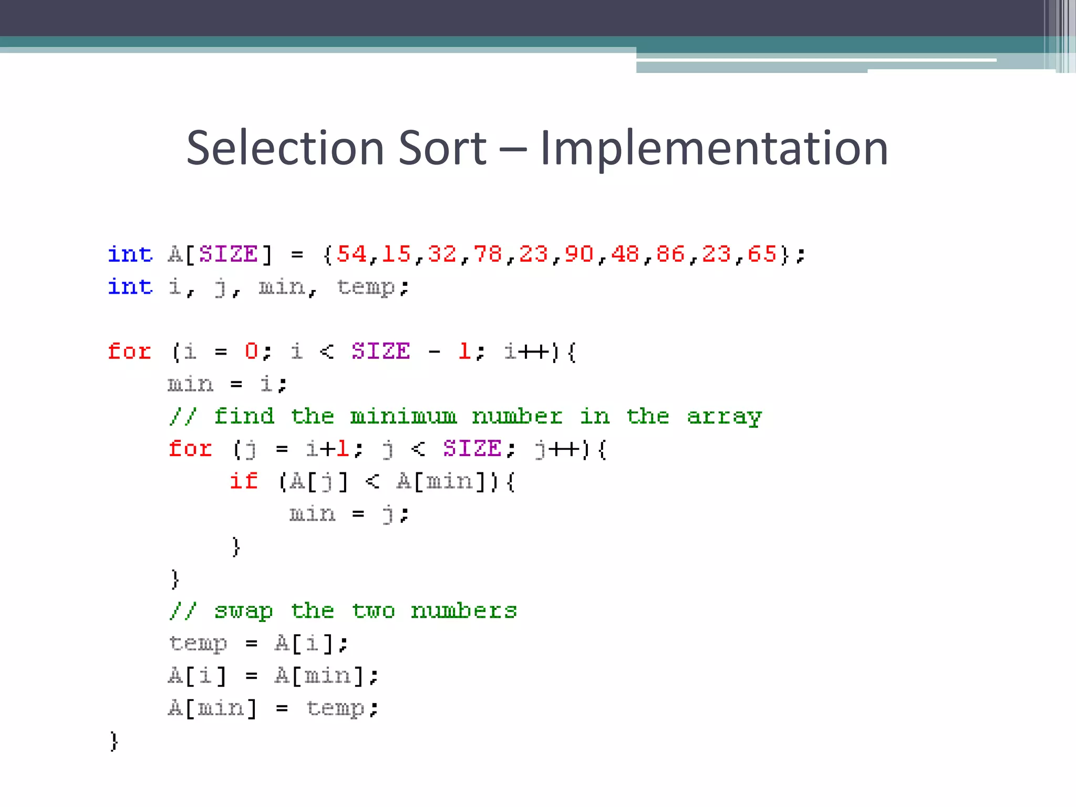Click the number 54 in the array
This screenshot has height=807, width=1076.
coord(351,254)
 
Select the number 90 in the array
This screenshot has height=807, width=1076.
coord(579,254)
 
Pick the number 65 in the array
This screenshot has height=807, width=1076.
coord(762,254)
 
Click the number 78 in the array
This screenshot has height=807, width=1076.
coord(488,254)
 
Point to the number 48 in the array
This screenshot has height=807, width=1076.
coord(625,254)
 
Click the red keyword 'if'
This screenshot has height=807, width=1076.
coord(244,481)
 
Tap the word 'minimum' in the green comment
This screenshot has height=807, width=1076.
coord(403,417)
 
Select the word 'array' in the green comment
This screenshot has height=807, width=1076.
coord(725,417)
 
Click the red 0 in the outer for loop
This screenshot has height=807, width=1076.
coord(252,351)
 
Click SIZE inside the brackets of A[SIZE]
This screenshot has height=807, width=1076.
coord(229,254)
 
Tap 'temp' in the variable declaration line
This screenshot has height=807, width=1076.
coord(366,287)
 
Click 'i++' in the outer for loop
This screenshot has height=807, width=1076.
coord(526,351)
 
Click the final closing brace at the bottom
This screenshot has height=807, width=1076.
coord(114,741)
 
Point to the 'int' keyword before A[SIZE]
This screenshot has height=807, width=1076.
coord(130,254)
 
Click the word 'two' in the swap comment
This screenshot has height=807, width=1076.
coord(373,611)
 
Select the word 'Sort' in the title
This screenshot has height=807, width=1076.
coord(442,149)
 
